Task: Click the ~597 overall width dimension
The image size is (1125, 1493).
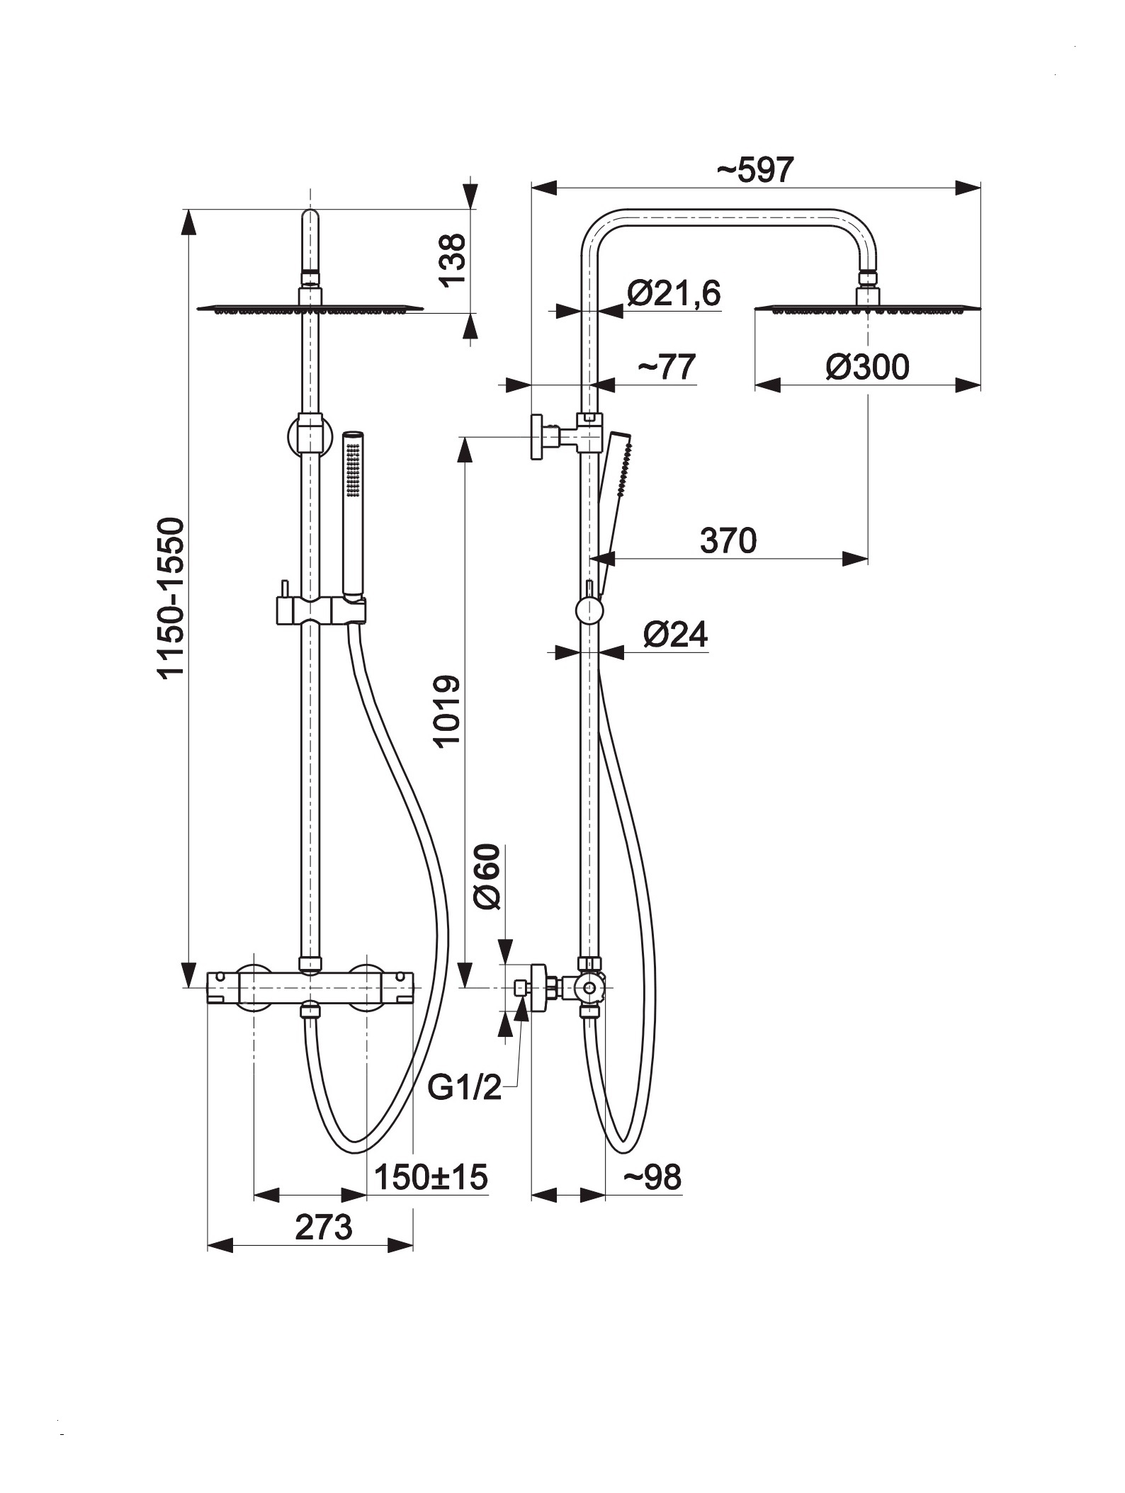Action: pos(755,170)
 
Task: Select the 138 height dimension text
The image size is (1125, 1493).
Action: pos(453,260)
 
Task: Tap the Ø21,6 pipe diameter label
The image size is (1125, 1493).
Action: pos(673,293)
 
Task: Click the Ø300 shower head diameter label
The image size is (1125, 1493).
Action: pos(867,367)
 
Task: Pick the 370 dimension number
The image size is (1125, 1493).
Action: pos(728,540)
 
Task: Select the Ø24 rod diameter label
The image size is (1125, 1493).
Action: pos(675,634)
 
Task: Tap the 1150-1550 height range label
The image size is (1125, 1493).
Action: pos(171,599)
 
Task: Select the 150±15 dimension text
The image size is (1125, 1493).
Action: pos(431,1177)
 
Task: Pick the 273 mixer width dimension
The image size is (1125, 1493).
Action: pos(323,1227)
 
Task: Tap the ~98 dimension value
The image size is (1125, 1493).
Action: pos(652,1177)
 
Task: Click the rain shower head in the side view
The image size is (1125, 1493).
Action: pos(868,308)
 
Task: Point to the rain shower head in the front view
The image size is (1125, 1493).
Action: pos(310,308)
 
